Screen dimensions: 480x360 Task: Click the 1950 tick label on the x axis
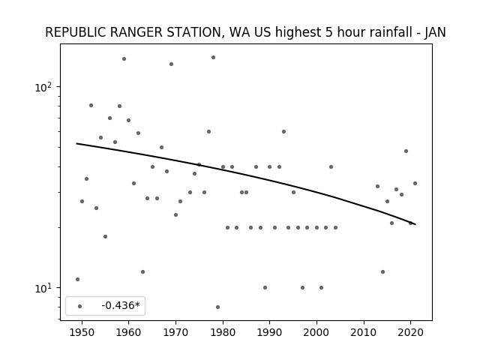(x=82, y=333)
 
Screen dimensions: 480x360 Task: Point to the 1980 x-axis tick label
(x=223, y=333)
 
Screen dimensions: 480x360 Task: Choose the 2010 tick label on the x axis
(x=364, y=333)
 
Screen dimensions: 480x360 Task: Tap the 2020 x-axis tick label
(x=411, y=333)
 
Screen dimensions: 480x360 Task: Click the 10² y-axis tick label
(x=43, y=88)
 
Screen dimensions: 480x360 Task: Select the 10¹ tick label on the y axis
(x=43, y=288)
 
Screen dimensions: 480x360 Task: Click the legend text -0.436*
(x=121, y=305)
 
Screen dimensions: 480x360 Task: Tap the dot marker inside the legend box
(x=80, y=306)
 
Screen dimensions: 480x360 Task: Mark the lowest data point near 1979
(x=217, y=307)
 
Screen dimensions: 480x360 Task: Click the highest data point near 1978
(x=213, y=57)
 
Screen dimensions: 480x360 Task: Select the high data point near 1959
(x=124, y=58)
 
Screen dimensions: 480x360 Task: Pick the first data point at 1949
(x=77, y=279)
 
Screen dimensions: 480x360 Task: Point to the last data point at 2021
(x=415, y=183)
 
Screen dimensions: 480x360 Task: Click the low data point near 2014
(x=382, y=271)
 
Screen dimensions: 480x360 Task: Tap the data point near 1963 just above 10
(x=142, y=271)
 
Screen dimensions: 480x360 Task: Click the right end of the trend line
(x=415, y=224)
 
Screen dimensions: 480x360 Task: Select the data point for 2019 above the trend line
(x=406, y=151)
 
